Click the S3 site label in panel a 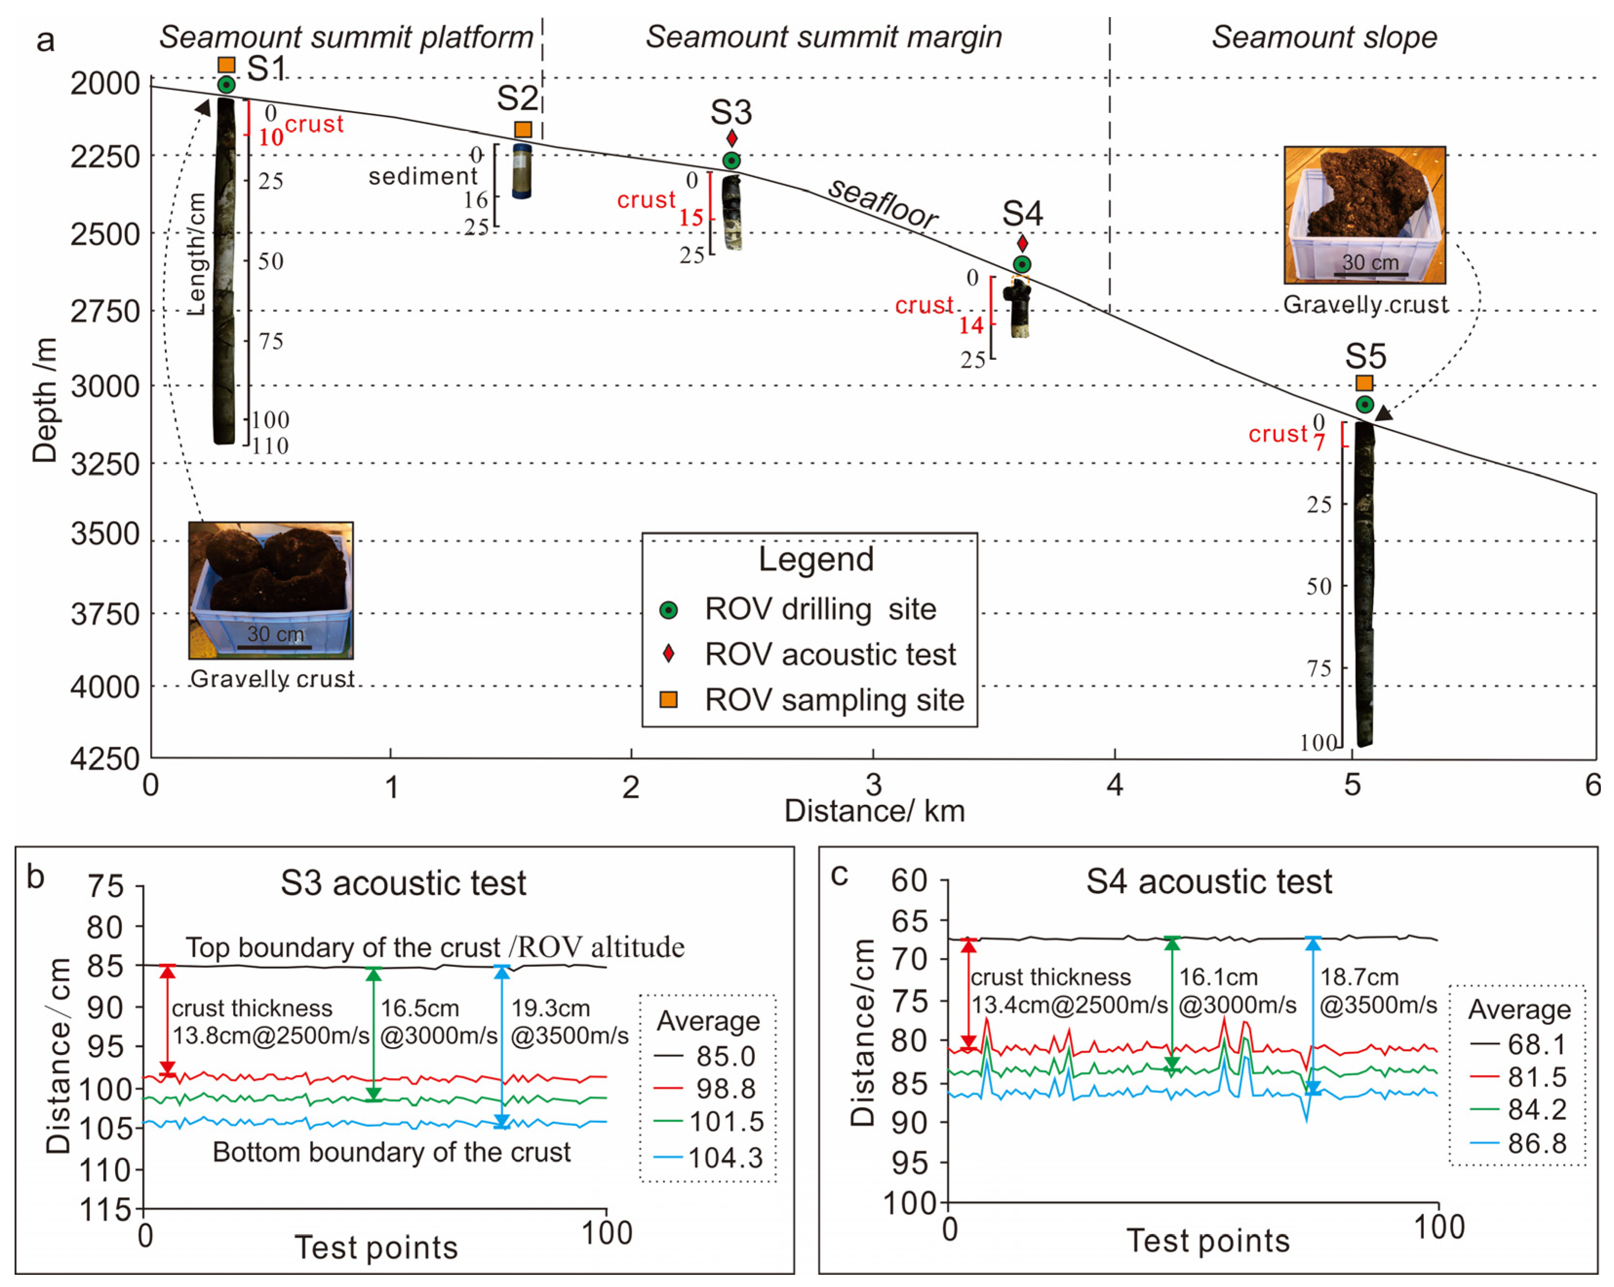731,112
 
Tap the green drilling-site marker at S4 1022,264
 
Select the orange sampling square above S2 523,130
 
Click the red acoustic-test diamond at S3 732,138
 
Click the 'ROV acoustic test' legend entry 830,654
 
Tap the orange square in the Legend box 668,699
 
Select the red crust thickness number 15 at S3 691,218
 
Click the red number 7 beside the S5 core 1319,443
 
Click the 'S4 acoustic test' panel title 1209,882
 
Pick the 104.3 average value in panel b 725,1157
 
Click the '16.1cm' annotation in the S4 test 1219,977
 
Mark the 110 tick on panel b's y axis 109,1170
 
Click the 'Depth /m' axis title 45,401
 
